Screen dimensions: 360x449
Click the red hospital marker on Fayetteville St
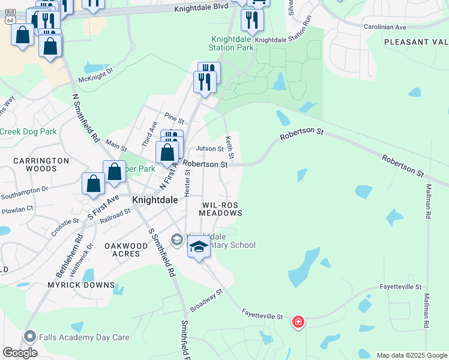click(x=298, y=323)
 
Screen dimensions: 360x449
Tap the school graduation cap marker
click(x=199, y=246)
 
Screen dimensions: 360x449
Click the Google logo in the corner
click(x=20, y=353)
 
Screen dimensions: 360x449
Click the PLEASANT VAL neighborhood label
click(x=415, y=42)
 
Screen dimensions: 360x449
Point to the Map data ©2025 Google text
click(x=412, y=355)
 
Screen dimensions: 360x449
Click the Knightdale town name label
click(x=154, y=202)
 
